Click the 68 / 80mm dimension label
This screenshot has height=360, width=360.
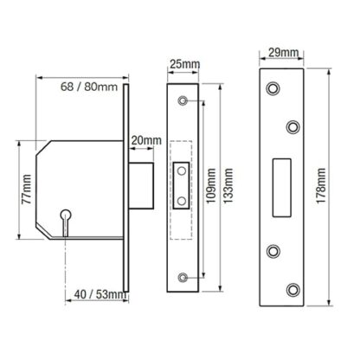pos(89,87)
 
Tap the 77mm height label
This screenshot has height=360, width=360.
pos(27,189)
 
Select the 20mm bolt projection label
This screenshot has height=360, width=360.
pos(146,140)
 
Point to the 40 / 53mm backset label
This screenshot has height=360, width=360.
pos(100,294)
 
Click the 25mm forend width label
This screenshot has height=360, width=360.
pos(184,64)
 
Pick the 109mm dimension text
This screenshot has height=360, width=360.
pos(211,185)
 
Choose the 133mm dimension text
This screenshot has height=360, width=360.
pos(228,185)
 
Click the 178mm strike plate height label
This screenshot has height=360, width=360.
pos(321,186)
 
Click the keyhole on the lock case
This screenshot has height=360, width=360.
pos(66,220)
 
